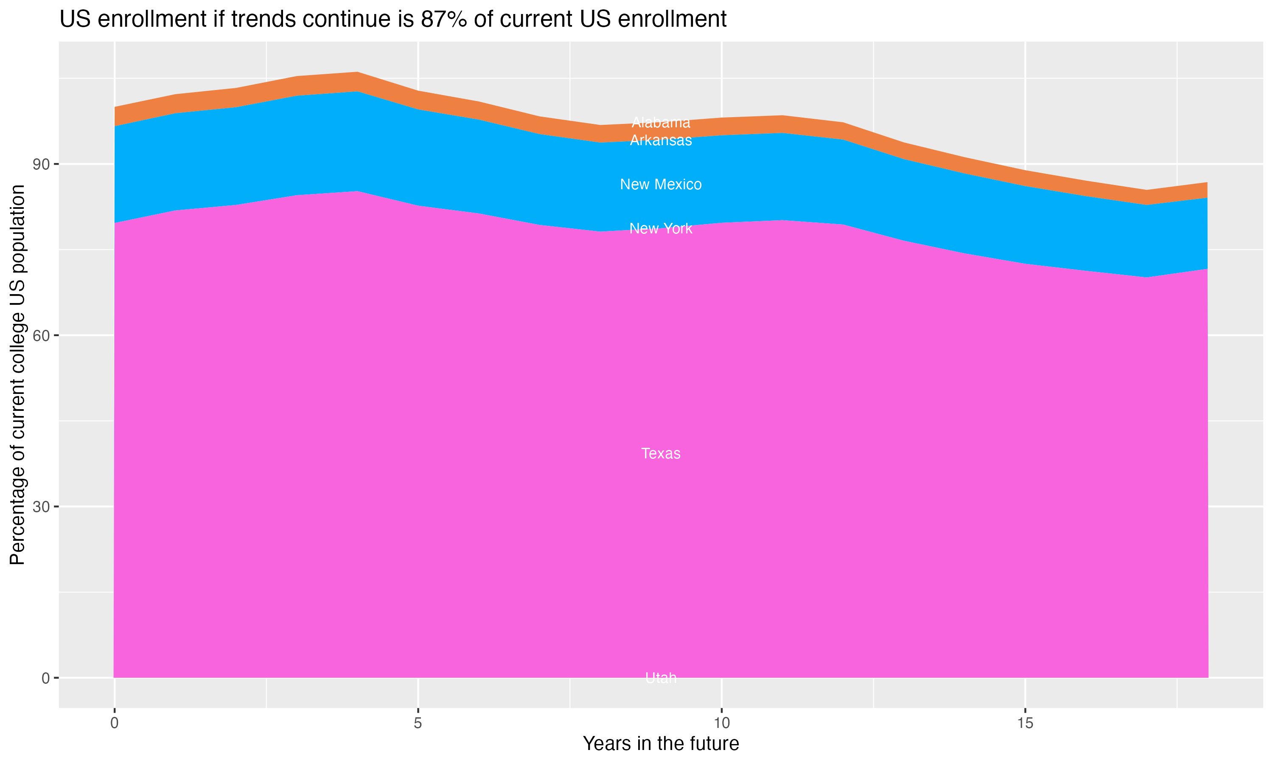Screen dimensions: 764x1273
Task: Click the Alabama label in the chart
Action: point(661,123)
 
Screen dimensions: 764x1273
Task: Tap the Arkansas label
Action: point(661,140)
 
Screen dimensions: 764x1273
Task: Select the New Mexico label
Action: point(661,184)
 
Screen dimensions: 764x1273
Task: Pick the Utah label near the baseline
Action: point(661,677)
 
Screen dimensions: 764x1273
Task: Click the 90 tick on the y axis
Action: point(42,165)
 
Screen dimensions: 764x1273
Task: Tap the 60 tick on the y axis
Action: point(42,336)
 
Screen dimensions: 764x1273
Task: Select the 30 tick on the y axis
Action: point(42,507)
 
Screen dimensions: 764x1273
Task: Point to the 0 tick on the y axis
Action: point(46,678)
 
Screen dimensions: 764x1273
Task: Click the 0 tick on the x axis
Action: point(114,723)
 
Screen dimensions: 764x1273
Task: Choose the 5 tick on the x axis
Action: point(418,723)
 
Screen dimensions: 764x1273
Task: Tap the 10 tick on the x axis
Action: point(721,723)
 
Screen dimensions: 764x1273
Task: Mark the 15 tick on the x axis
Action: point(1025,723)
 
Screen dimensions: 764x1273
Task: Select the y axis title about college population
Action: point(17,374)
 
